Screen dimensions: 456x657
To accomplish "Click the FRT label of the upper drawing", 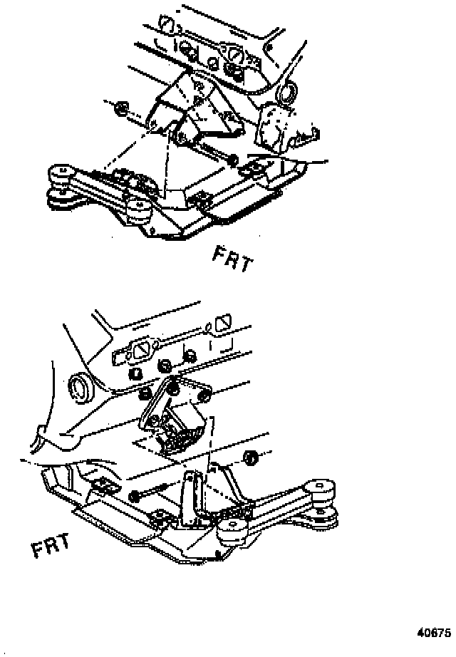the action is pos(232,260).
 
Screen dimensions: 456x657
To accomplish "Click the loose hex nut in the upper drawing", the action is pos(121,108).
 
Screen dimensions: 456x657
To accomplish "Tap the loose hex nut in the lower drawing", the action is pos(250,457).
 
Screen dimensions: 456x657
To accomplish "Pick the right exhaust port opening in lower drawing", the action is pos(220,326).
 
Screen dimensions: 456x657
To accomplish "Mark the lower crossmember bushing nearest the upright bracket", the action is pos(232,531).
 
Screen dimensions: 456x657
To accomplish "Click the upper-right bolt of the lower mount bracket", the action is pos(202,394).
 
